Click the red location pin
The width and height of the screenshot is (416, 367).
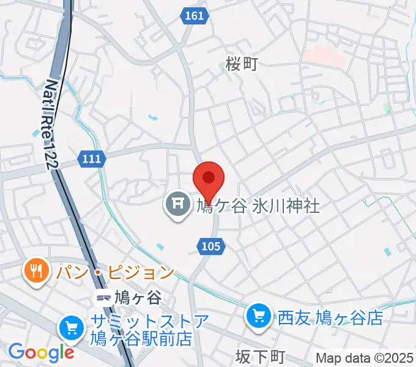[x=209, y=179]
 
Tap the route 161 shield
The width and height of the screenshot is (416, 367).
[x=194, y=17]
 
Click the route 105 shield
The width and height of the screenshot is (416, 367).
[x=212, y=246]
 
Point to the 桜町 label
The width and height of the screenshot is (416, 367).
[x=242, y=63]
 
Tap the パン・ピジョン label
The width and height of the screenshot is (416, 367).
[x=116, y=271]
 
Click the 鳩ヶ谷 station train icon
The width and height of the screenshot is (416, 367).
[x=103, y=298]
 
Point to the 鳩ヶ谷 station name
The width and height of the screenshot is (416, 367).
[x=138, y=298]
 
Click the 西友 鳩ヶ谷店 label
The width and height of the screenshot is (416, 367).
[x=330, y=317]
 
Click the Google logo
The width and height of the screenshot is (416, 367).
[x=41, y=352]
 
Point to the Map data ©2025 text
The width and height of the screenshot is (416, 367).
[x=365, y=358]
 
